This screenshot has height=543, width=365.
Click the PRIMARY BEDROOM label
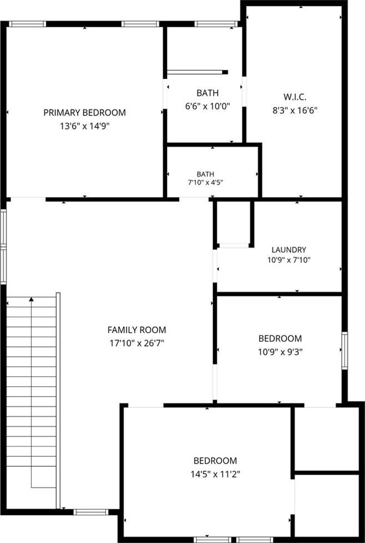tap(84, 113)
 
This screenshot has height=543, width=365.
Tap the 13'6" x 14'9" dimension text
tap(85, 126)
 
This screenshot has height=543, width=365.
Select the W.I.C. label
tap(294, 97)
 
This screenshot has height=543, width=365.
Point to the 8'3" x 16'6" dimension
tap(295, 111)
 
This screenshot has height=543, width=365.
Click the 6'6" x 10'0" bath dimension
tap(207, 107)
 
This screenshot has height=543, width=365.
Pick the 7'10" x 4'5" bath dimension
tap(205, 183)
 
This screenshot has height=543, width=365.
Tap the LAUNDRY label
tap(288, 249)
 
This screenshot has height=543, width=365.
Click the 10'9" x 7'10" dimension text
tap(288, 260)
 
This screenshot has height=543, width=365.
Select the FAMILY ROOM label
tap(137, 329)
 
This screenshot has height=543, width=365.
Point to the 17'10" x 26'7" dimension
tap(137, 344)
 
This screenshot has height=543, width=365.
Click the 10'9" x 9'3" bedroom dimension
tap(280, 352)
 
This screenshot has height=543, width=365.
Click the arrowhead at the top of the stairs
tap(31, 299)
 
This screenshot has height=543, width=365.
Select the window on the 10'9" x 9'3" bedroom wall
tap(345, 350)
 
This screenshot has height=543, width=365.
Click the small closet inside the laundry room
tap(234, 223)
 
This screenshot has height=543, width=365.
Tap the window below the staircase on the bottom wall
tap(90, 512)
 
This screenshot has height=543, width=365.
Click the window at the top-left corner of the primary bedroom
tap(27, 24)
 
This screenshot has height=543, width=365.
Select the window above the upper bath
tap(216, 24)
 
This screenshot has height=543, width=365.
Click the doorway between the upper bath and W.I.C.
tap(244, 92)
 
